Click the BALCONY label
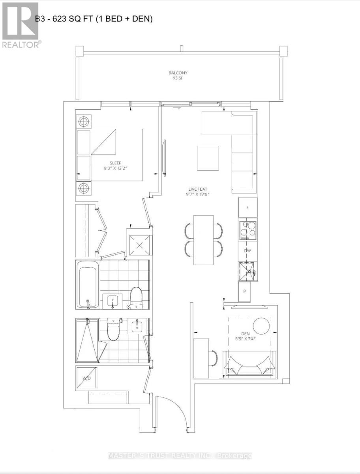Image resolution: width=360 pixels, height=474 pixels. coord(178,73)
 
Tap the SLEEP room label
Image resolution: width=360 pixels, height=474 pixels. coord(116,163)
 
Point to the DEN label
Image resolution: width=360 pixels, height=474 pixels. coord(245,334)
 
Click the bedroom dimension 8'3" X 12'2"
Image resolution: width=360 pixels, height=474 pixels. coord(116,168)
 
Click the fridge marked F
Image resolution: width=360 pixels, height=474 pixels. coord(247,207)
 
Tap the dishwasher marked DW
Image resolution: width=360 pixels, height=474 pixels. coord(247,251)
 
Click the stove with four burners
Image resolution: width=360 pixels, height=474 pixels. coord(247,229)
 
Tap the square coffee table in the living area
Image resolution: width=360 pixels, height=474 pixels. coord(208,158)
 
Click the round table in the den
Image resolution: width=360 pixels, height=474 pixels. coord(261,326)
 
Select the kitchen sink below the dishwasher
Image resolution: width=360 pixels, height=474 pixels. coord(247,271)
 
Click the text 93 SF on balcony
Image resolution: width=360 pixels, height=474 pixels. coord(178,78)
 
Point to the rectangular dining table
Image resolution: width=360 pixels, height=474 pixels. coord(203,240)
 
